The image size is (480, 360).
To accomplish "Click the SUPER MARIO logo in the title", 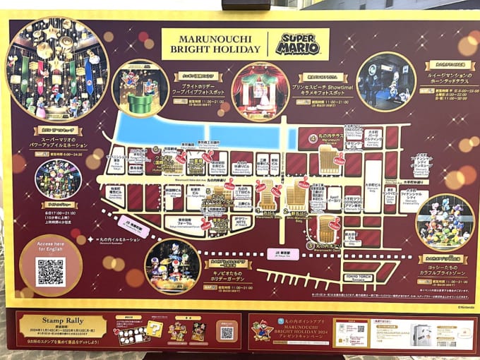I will (x=298, y=44).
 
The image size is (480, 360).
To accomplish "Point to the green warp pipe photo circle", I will (x=139, y=88).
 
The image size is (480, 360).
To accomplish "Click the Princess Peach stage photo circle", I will (x=260, y=92).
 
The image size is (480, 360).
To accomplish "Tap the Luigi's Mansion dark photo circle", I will (x=385, y=81).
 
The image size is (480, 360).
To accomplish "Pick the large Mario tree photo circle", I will (x=57, y=69).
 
